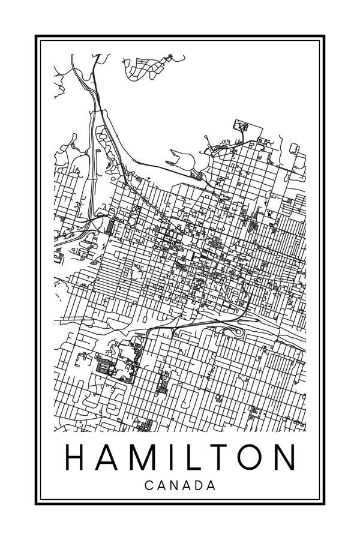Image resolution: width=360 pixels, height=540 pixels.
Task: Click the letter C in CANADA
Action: pyautogui.click(x=148, y=485)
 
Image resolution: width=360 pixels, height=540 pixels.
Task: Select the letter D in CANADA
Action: pyautogui.click(x=196, y=485)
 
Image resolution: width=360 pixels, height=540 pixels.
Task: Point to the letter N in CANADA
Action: pyautogui.click(x=172, y=485)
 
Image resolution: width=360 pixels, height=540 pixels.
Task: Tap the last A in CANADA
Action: pyautogui.click(x=211, y=485)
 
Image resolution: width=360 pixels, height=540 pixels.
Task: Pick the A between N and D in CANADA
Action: pyautogui.click(x=185, y=485)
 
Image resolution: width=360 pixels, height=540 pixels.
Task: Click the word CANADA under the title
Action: pyautogui.click(x=179, y=485)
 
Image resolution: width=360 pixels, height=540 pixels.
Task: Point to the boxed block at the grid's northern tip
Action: pyautogui.click(x=241, y=126)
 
